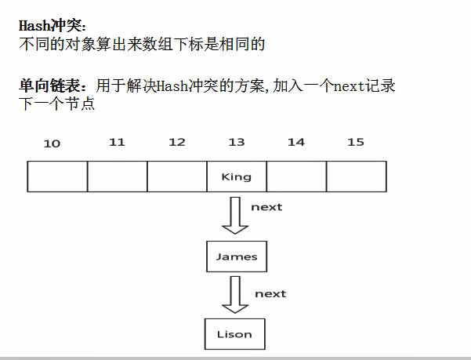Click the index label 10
click(x=52, y=143)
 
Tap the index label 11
click(x=117, y=142)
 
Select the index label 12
click(x=176, y=142)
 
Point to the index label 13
click(x=236, y=142)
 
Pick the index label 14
click(x=295, y=142)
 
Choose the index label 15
click(x=355, y=142)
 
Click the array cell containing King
click(x=236, y=176)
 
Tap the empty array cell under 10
click(x=57, y=176)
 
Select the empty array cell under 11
click(x=117, y=176)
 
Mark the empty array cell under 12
click(x=176, y=176)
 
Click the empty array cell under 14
click(x=295, y=176)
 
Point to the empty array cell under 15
click(x=356, y=176)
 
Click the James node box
click(x=236, y=256)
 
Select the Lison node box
click(x=234, y=334)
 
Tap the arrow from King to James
click(x=234, y=215)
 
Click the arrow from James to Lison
click(x=234, y=293)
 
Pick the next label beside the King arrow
click(x=266, y=207)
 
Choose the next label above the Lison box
click(x=270, y=293)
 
